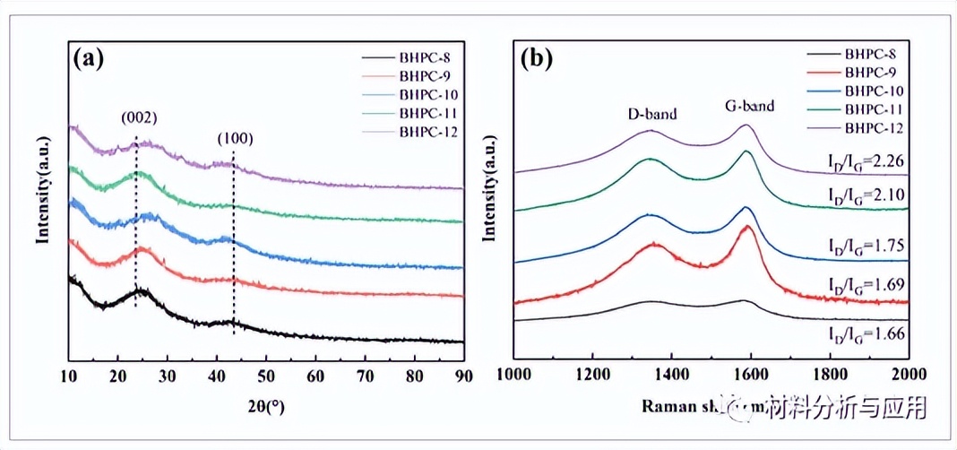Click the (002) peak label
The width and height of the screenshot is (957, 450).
(140, 117)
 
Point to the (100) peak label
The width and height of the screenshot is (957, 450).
(235, 139)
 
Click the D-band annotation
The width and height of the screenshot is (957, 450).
(651, 114)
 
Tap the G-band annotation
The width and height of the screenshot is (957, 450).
(749, 107)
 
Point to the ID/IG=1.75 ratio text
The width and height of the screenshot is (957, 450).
(866, 243)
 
